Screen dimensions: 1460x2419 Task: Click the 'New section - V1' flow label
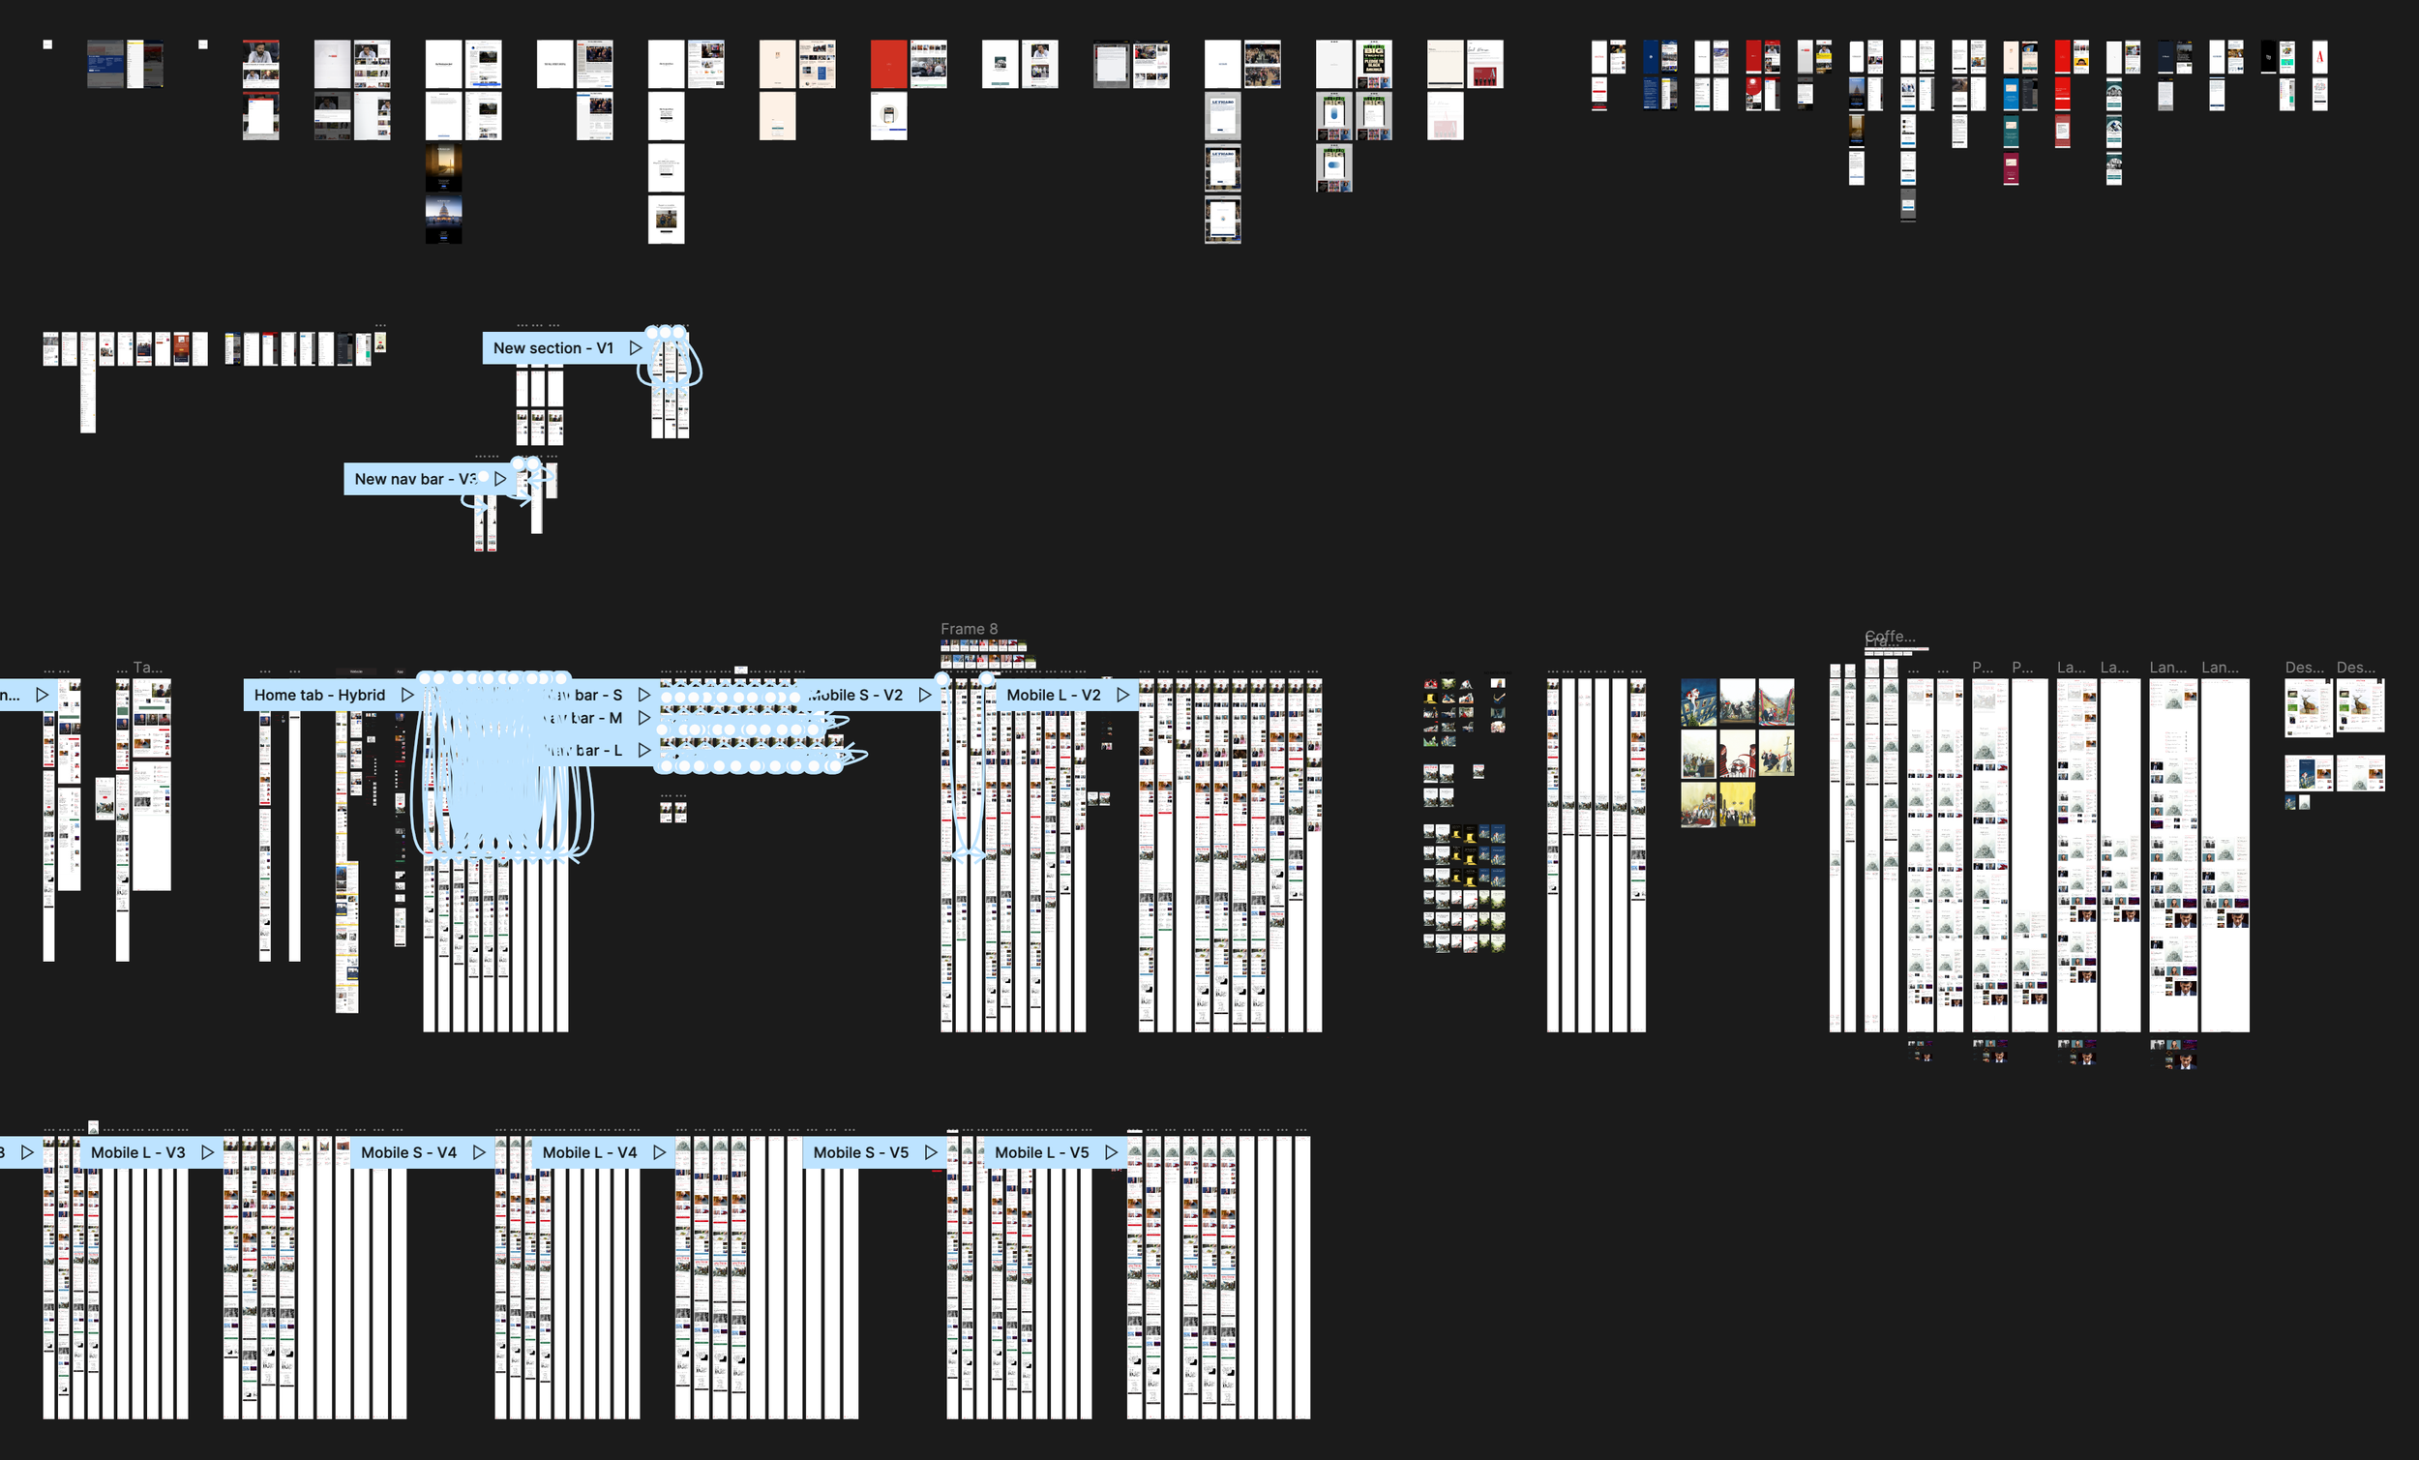click(552, 348)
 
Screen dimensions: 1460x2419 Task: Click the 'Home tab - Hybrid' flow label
click(319, 695)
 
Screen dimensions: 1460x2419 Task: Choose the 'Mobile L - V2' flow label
click(1054, 695)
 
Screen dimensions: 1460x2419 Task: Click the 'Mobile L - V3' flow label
click(137, 1152)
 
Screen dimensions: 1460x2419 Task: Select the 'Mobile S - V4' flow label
click(408, 1152)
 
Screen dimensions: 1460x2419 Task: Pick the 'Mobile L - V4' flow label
click(589, 1152)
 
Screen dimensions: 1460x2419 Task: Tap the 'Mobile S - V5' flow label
click(861, 1152)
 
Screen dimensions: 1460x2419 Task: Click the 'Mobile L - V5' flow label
click(1042, 1152)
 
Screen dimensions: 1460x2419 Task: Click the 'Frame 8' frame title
click(968, 629)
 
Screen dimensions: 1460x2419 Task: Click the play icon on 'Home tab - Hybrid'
click(406, 695)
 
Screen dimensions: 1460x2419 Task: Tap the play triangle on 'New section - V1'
click(635, 348)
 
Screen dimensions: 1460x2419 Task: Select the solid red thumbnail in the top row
click(888, 64)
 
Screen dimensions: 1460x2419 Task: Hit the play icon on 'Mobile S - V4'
click(479, 1152)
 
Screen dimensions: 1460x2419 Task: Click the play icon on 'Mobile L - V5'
click(1112, 1152)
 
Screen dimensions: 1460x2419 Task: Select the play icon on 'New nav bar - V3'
click(499, 479)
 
